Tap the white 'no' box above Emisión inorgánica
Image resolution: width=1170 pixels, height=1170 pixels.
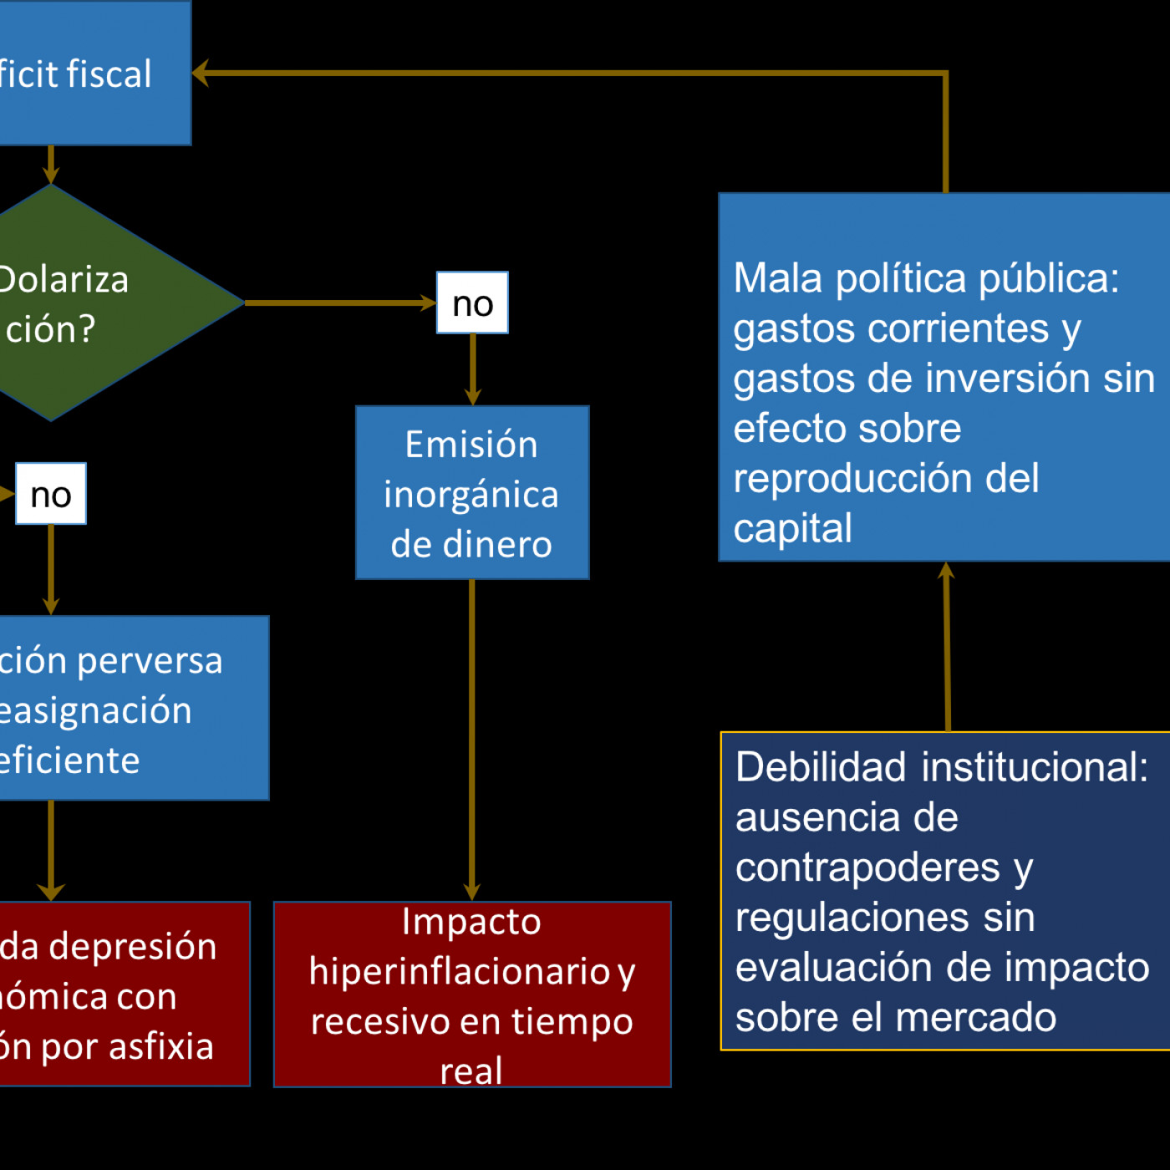coord(472,303)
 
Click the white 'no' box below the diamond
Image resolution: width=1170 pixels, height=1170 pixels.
coord(51,494)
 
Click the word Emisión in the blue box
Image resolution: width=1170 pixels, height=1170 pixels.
coord(471,445)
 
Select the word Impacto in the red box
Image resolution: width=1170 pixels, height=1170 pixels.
coord(471,922)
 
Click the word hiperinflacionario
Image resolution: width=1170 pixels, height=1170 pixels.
coord(460,972)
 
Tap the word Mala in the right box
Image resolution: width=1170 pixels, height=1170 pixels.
coord(777,278)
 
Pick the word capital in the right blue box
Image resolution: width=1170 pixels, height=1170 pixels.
coord(792,528)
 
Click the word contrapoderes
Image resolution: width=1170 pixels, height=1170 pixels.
coord(867,867)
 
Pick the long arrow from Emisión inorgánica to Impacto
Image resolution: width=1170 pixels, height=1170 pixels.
coord(472,735)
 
